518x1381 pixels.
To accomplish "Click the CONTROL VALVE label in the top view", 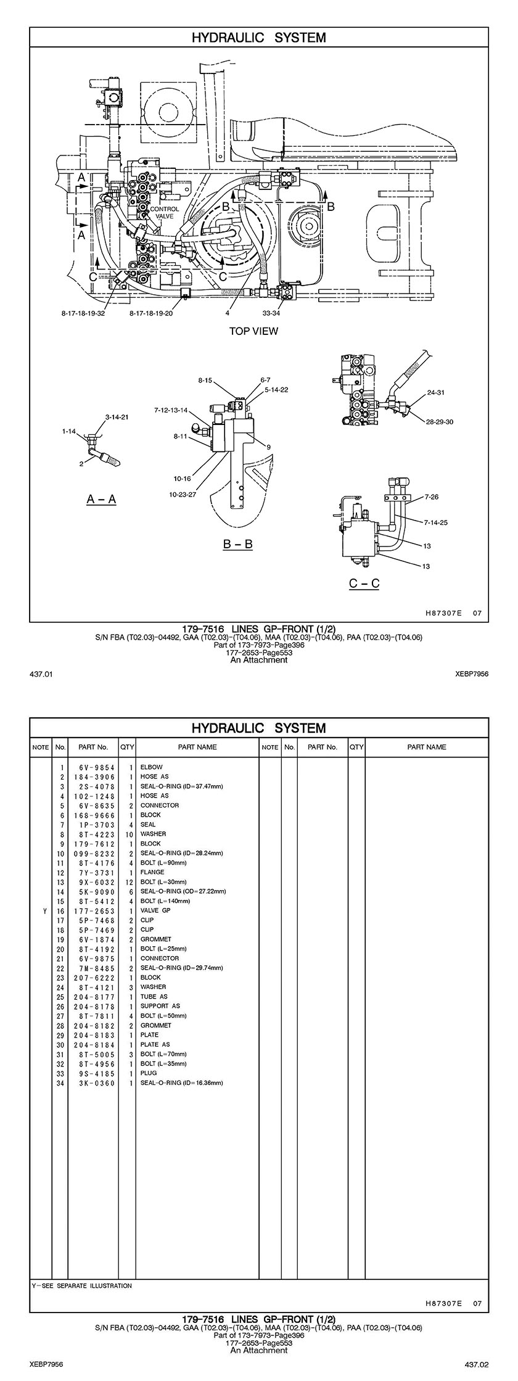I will [165, 213].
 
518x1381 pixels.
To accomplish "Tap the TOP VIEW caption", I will [253, 331].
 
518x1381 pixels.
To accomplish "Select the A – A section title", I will [101, 499].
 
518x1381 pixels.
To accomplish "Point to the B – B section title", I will [237, 544].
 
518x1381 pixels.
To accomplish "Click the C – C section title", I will [364, 583].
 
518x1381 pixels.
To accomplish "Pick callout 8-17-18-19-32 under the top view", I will [83, 313].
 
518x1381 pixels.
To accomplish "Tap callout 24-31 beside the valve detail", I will [436, 392].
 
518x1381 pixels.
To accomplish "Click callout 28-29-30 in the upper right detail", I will [440, 422].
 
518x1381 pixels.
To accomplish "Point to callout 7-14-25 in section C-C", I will [435, 522].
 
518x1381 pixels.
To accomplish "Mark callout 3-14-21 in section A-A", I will [117, 417].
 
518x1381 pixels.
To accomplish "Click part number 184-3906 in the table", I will [93, 777].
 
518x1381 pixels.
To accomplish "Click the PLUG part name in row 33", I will [149, 1073].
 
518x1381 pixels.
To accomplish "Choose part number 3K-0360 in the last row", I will [93, 1082].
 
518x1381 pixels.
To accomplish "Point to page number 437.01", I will [41, 674].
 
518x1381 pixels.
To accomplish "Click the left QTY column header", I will [127, 747].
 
